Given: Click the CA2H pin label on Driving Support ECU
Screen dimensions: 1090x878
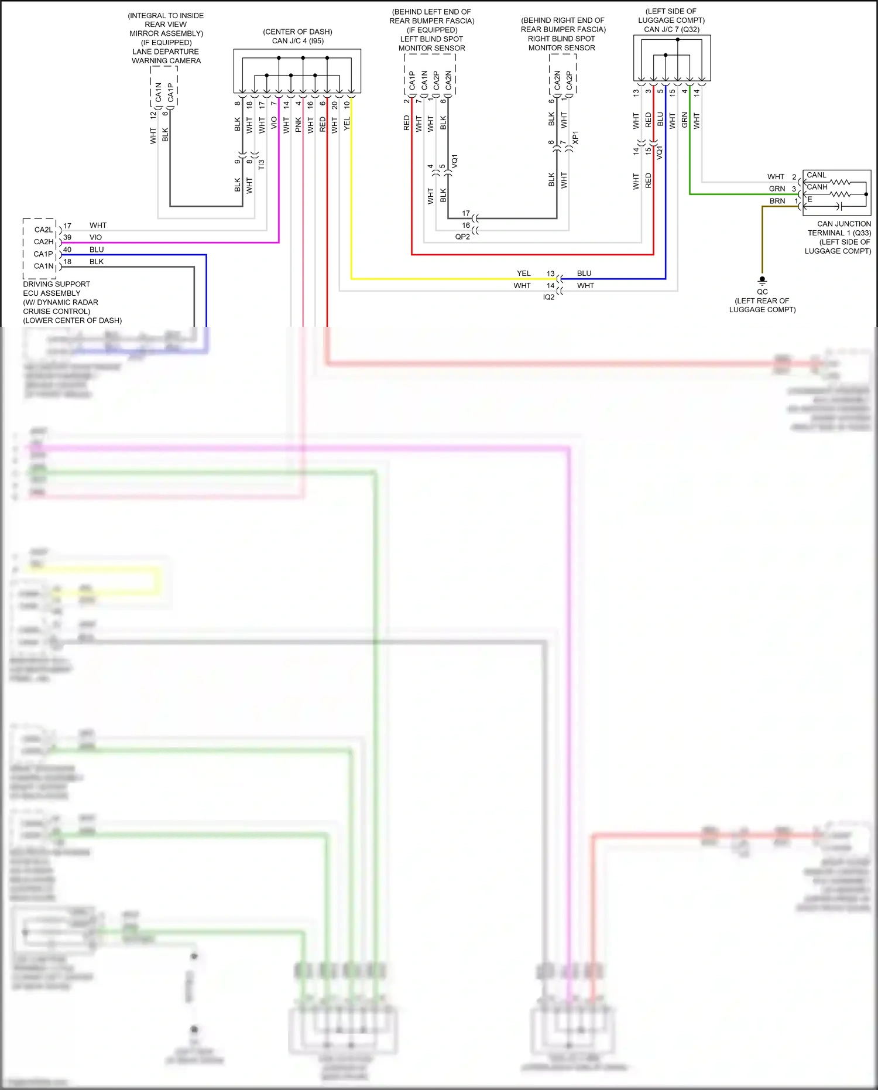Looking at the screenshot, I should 43,242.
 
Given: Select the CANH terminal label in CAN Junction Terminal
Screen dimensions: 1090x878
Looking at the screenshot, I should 817,187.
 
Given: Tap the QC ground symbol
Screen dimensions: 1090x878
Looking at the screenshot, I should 762,280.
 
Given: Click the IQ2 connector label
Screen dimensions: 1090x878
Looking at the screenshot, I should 548,297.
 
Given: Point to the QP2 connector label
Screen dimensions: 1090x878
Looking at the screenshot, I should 462,237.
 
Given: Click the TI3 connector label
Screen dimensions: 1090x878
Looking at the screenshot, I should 262,165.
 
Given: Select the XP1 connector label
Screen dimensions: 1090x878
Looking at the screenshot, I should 575,138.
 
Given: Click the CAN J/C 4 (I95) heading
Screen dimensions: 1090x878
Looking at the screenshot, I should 297,40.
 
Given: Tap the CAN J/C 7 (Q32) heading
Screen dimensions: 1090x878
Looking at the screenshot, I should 671,29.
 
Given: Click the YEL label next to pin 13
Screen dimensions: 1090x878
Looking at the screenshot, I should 523,274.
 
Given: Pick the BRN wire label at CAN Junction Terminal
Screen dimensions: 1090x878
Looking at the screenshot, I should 777,201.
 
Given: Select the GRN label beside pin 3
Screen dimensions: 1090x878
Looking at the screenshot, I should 777,189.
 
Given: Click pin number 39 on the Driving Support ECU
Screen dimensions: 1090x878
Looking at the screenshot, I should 67,237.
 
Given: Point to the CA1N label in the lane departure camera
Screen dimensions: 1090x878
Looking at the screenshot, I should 158,91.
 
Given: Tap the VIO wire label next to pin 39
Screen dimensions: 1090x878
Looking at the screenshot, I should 95,237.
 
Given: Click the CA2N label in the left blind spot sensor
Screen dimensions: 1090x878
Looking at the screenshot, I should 448,80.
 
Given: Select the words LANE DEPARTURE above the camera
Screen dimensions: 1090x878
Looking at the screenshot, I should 165,52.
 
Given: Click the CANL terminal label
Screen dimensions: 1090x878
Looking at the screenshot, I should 816,175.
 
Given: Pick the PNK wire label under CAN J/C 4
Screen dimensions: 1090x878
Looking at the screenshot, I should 299,124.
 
